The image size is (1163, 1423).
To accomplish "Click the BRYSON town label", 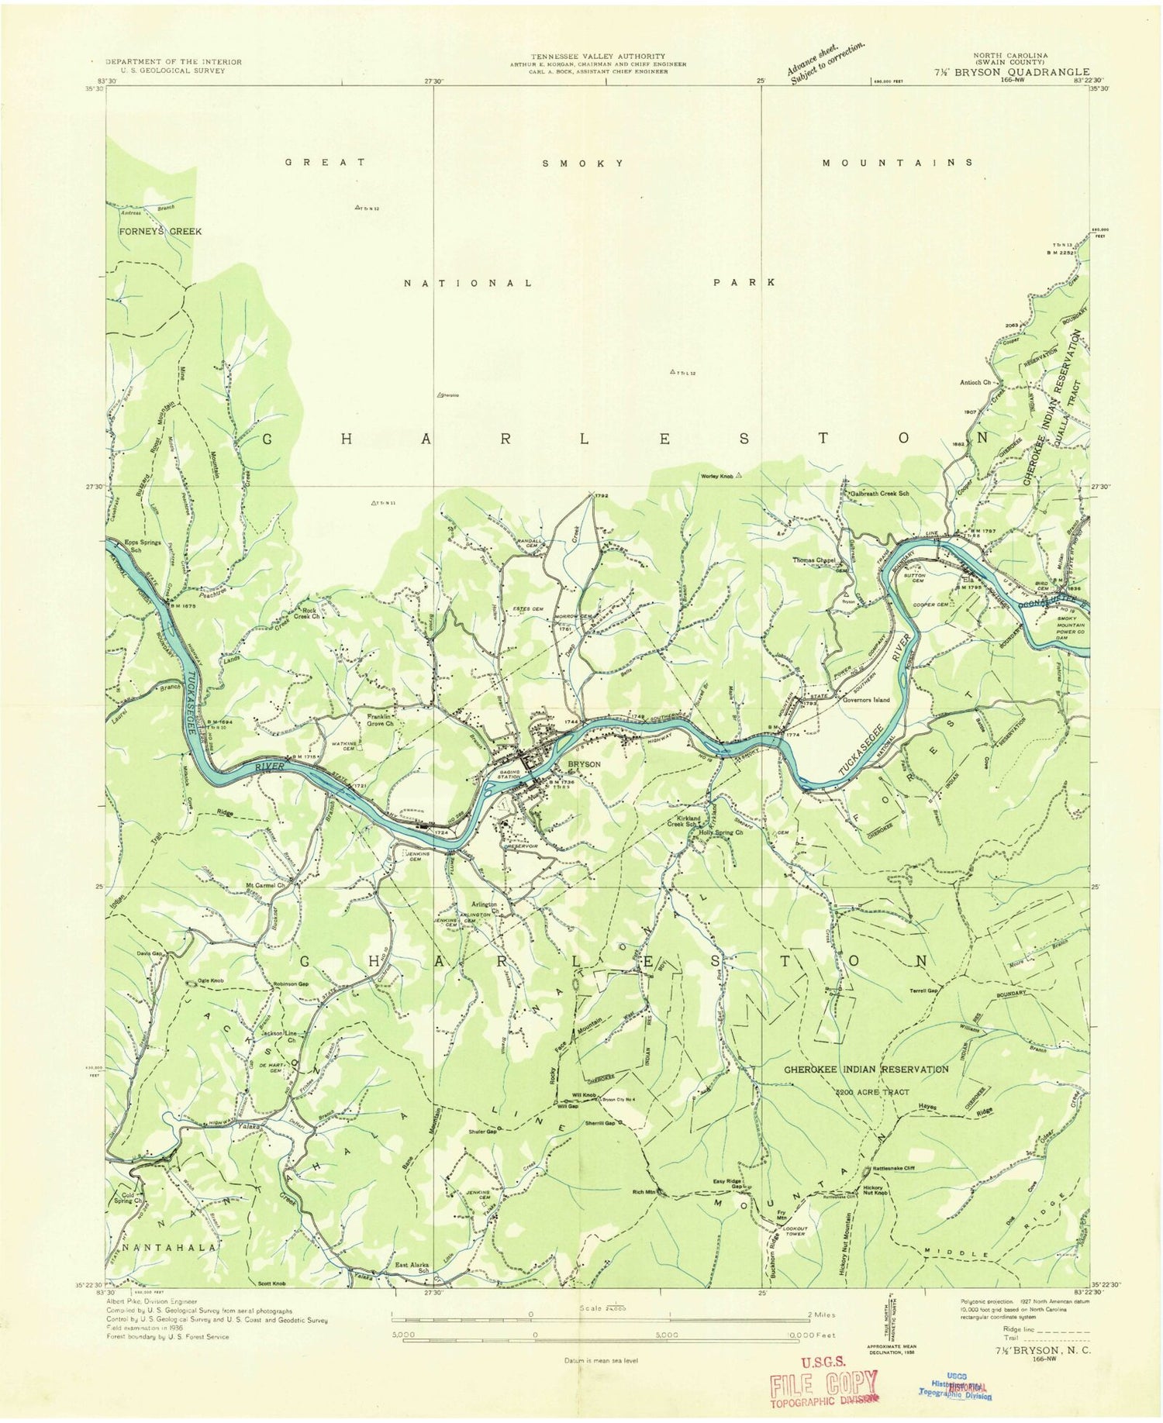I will (584, 763).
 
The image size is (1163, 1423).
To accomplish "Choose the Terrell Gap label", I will (925, 991).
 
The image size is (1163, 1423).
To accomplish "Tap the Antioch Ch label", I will (976, 382).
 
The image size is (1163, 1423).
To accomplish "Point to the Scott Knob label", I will (272, 1284).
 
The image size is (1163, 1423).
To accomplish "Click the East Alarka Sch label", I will (412, 1267).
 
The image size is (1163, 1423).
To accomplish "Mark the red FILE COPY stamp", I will (824, 1384).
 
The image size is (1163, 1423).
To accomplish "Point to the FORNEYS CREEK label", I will (159, 231).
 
